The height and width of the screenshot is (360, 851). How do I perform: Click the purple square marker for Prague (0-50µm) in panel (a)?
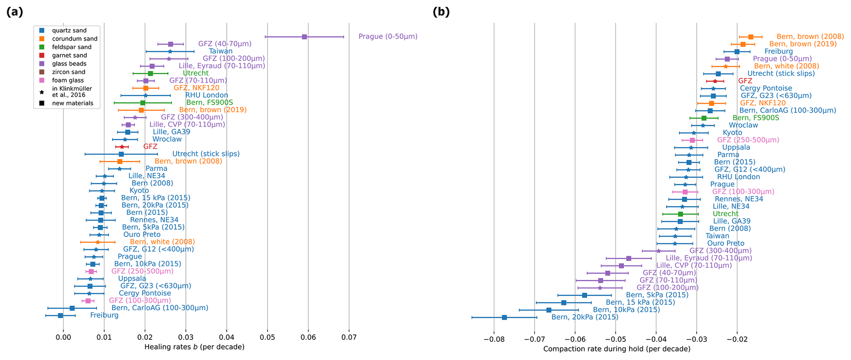[304, 37]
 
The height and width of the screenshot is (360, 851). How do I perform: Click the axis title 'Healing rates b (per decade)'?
[194, 347]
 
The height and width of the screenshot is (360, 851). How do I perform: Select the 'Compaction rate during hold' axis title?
[617, 349]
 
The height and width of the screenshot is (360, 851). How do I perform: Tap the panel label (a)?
[15, 12]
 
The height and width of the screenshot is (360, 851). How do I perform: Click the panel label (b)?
[441, 12]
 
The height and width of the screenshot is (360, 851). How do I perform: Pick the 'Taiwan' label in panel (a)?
[221, 51]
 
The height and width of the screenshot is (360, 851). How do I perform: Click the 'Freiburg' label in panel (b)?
[779, 51]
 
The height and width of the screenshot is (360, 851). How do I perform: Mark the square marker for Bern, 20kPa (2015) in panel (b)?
[504, 317]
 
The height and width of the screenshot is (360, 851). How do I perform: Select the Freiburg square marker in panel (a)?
[61, 316]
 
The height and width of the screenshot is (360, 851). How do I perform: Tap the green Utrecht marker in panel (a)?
[150, 73]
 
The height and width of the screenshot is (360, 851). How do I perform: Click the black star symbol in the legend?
[42, 91]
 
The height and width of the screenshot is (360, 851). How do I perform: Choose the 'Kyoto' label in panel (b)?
[732, 133]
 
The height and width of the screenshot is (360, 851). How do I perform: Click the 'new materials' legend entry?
[72, 103]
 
